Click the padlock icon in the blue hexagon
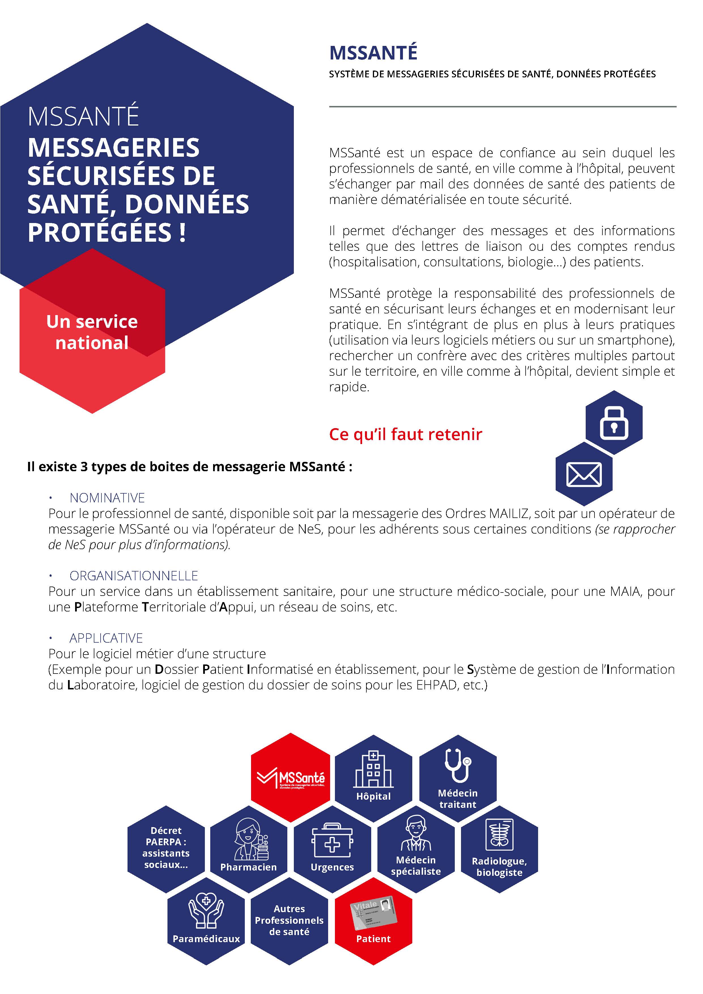click(x=614, y=423)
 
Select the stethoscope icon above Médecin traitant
click(x=458, y=765)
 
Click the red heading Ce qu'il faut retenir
click(x=405, y=434)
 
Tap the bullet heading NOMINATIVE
click(x=107, y=498)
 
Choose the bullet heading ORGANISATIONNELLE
click(x=133, y=576)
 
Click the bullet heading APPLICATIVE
click(x=106, y=638)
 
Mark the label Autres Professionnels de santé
click(x=289, y=920)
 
